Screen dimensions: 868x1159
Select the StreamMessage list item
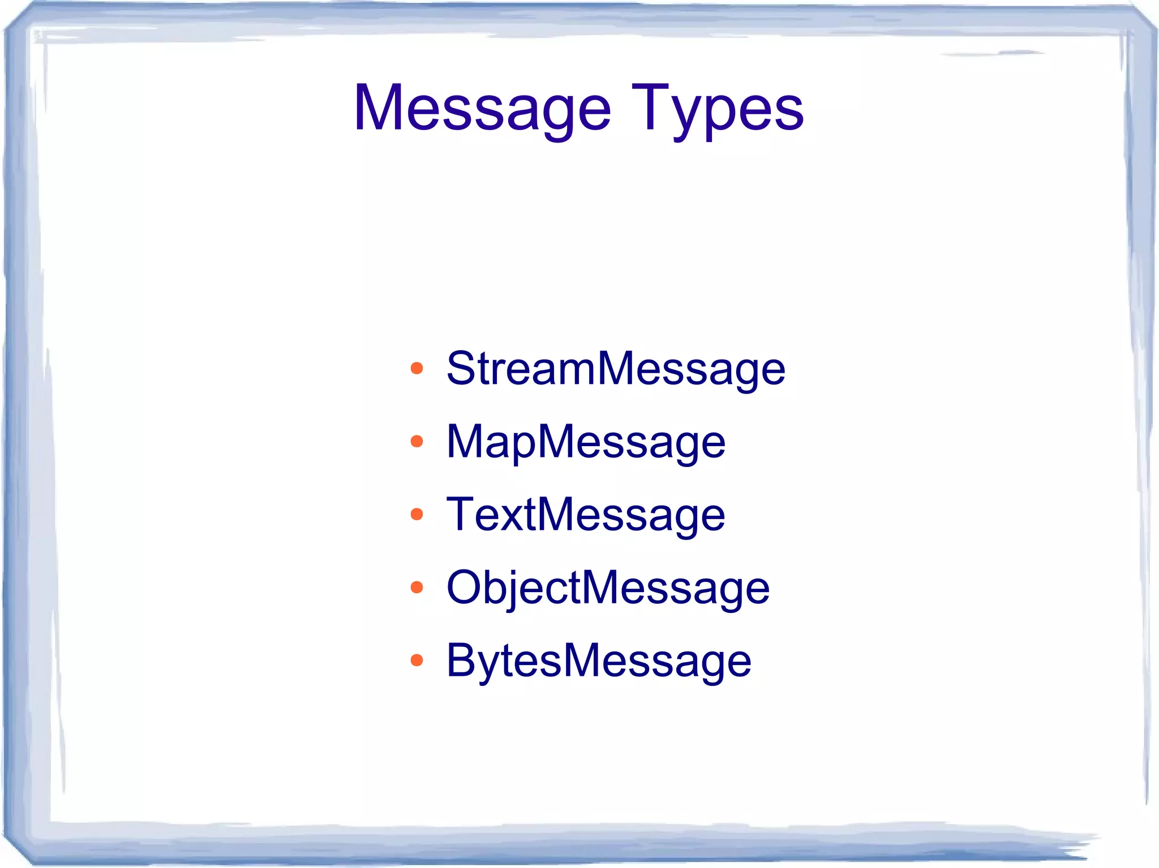(616, 369)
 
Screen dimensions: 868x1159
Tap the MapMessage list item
(586, 442)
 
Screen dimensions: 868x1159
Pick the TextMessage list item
(586, 515)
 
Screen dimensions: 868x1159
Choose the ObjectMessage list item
(608, 588)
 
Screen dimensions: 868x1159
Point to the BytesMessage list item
(599, 660)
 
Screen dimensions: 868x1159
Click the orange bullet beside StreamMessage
(417, 369)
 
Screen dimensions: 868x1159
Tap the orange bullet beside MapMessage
(417, 442)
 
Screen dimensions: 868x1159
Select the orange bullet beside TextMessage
(417, 515)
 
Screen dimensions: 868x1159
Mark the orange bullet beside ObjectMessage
(417, 588)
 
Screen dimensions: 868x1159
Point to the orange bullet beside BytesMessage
(417, 660)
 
